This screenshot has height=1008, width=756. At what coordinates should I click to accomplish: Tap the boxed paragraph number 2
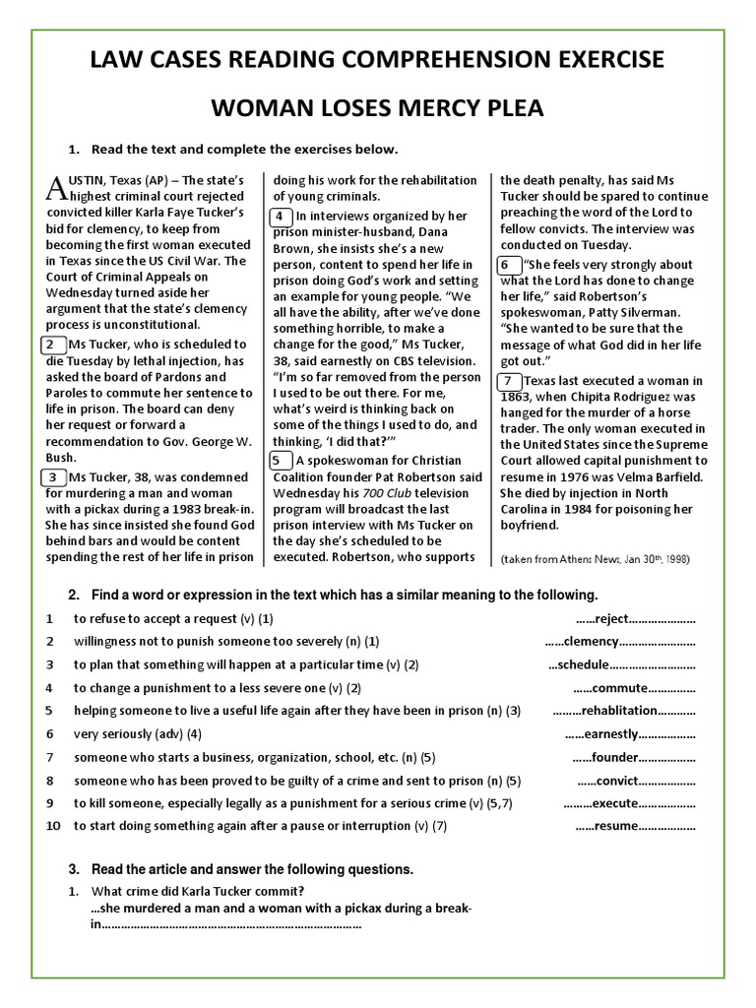[x=50, y=346]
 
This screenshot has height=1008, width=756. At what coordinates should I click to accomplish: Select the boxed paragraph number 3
[x=50, y=477]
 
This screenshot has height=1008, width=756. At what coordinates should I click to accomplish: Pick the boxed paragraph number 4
[x=280, y=217]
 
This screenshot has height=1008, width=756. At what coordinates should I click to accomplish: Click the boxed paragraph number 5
[x=280, y=460]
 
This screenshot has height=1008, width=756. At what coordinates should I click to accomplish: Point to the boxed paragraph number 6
[x=509, y=265]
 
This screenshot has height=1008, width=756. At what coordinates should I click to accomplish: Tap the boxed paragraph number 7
[x=509, y=382]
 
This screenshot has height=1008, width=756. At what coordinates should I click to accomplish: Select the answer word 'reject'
[x=611, y=620]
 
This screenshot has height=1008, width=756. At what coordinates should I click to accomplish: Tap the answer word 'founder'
[x=614, y=758]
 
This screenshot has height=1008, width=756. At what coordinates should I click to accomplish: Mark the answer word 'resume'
[x=617, y=826]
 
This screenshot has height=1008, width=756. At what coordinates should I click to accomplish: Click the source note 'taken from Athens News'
[x=571, y=559]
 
